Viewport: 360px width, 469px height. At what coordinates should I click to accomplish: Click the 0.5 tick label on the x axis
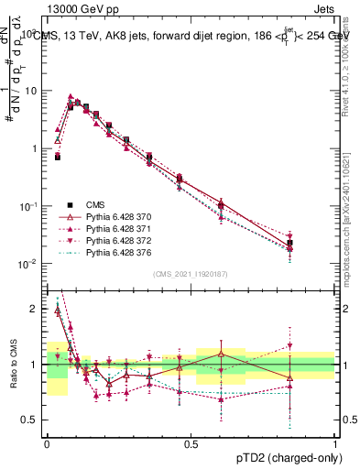(x=191, y=442)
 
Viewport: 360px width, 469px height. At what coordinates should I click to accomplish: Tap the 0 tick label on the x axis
(x=47, y=442)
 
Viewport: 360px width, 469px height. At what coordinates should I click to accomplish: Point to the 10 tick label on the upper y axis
(x=33, y=91)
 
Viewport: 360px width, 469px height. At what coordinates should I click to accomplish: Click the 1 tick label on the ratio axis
(x=36, y=365)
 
